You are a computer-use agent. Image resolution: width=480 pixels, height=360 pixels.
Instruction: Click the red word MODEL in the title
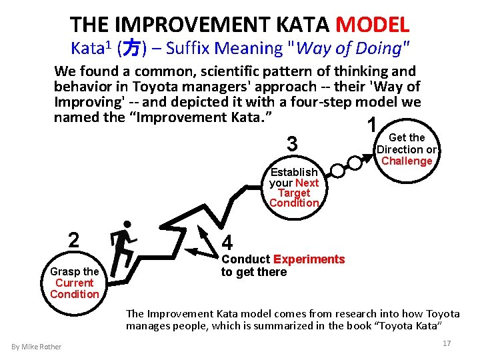(373, 25)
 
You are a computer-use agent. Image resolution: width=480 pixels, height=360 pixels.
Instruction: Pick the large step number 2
(75, 240)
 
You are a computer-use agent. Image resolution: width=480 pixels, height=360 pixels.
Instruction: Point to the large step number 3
(292, 143)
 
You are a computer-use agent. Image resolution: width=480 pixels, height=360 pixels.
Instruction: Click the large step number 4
(227, 242)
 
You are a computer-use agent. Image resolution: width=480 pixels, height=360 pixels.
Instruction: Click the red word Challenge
(407, 161)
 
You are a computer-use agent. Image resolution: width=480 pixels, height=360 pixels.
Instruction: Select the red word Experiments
(309, 259)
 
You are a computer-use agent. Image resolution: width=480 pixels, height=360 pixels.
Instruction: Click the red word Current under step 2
(74, 283)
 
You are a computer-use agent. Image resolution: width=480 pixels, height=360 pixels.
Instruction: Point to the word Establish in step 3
(294, 172)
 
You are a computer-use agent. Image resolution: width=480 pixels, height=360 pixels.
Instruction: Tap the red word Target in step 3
(294, 193)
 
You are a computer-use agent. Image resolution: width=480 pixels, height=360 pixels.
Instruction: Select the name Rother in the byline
(51, 346)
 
